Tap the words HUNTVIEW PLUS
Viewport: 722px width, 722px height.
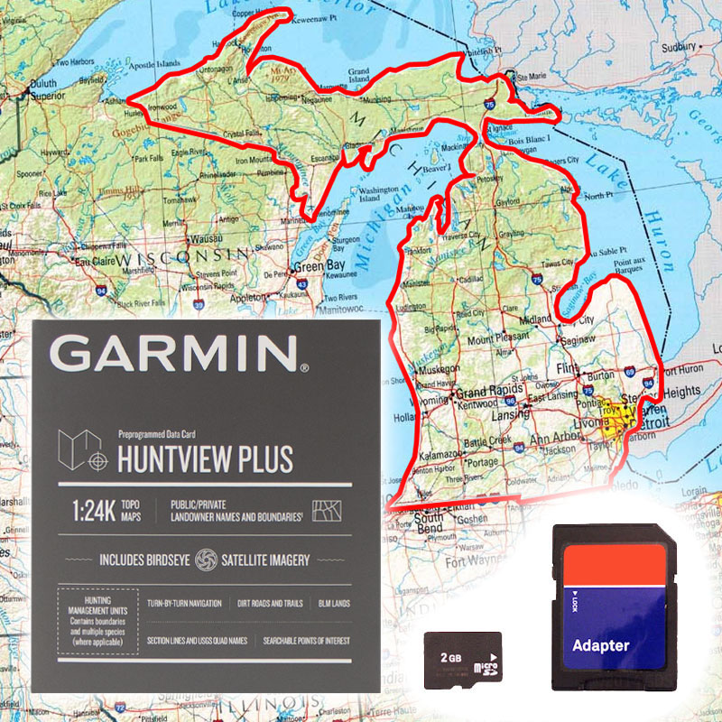[x=206, y=459]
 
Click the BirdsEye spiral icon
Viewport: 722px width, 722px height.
[x=206, y=560]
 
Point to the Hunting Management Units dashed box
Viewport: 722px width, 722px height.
[x=97, y=624]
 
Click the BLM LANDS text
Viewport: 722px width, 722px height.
[x=334, y=603]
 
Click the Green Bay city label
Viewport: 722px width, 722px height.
[x=321, y=267]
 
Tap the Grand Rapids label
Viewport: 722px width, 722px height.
[x=485, y=393]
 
